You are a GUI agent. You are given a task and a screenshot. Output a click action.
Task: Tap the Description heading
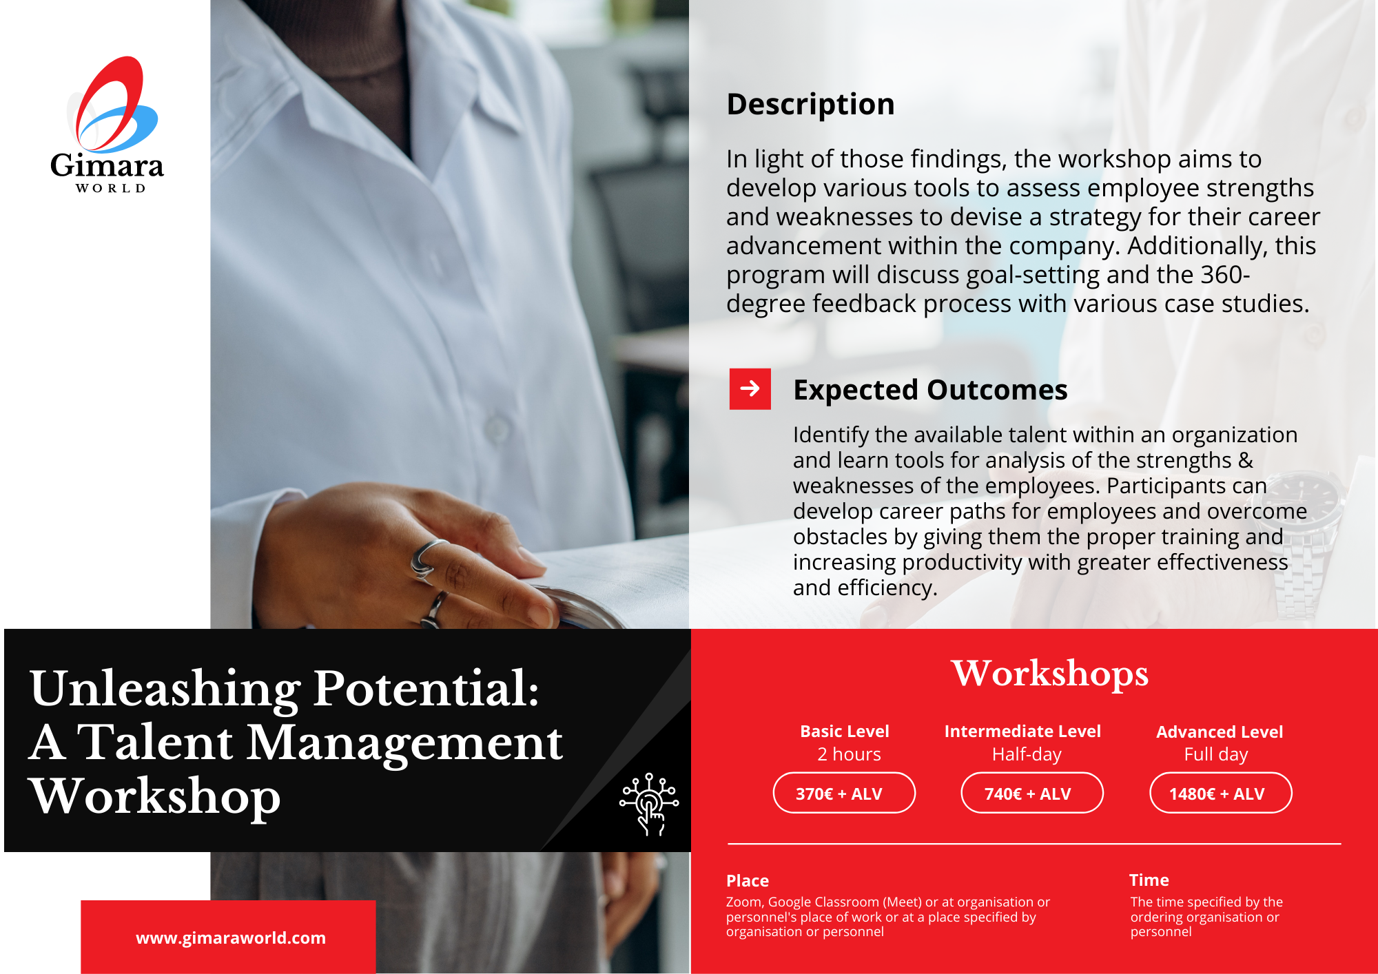click(x=810, y=105)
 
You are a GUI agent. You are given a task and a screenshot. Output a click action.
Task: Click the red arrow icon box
click(x=750, y=389)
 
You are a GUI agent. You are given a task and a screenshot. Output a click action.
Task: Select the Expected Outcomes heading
click(x=930, y=390)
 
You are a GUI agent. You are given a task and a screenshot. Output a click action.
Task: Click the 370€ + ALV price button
click(x=844, y=793)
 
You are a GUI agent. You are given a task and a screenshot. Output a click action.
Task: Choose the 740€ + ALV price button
click(x=1032, y=793)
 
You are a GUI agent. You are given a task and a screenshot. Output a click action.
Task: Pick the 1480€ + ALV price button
click(x=1221, y=793)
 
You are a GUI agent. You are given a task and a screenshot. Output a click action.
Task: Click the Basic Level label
click(x=845, y=732)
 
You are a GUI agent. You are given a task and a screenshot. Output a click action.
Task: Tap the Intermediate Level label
click(x=1022, y=732)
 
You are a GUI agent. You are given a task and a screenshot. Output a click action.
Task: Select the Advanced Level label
click(x=1220, y=732)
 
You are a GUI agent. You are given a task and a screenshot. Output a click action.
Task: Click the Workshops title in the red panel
click(x=1050, y=674)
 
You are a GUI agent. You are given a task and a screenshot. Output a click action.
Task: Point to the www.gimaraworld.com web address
click(x=231, y=938)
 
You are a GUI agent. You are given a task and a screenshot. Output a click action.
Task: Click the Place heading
click(x=748, y=881)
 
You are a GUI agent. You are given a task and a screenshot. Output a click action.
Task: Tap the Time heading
click(x=1149, y=880)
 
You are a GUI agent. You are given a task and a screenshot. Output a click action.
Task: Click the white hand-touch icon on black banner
click(x=649, y=804)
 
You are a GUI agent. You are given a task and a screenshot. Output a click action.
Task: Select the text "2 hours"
click(x=849, y=754)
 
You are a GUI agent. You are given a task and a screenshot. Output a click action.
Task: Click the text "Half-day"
click(x=1027, y=755)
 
